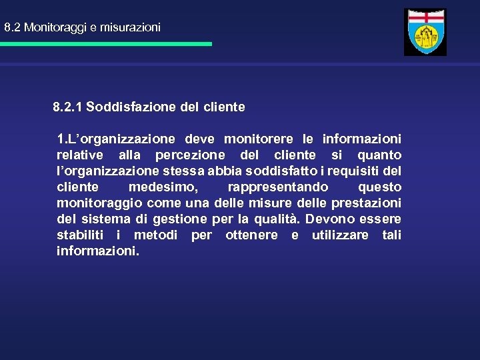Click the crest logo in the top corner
(x=425, y=32)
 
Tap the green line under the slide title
(x=106, y=44)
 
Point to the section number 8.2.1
(x=68, y=107)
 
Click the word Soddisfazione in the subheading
(x=125, y=107)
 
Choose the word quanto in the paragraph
(x=379, y=155)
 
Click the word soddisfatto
(x=315, y=171)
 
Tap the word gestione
(x=180, y=219)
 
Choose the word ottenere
(x=251, y=235)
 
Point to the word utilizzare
(x=340, y=235)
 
